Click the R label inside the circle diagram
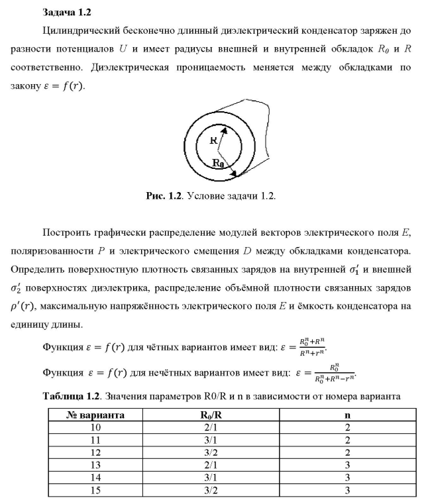click(x=213, y=140)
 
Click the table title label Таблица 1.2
click(x=72, y=397)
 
